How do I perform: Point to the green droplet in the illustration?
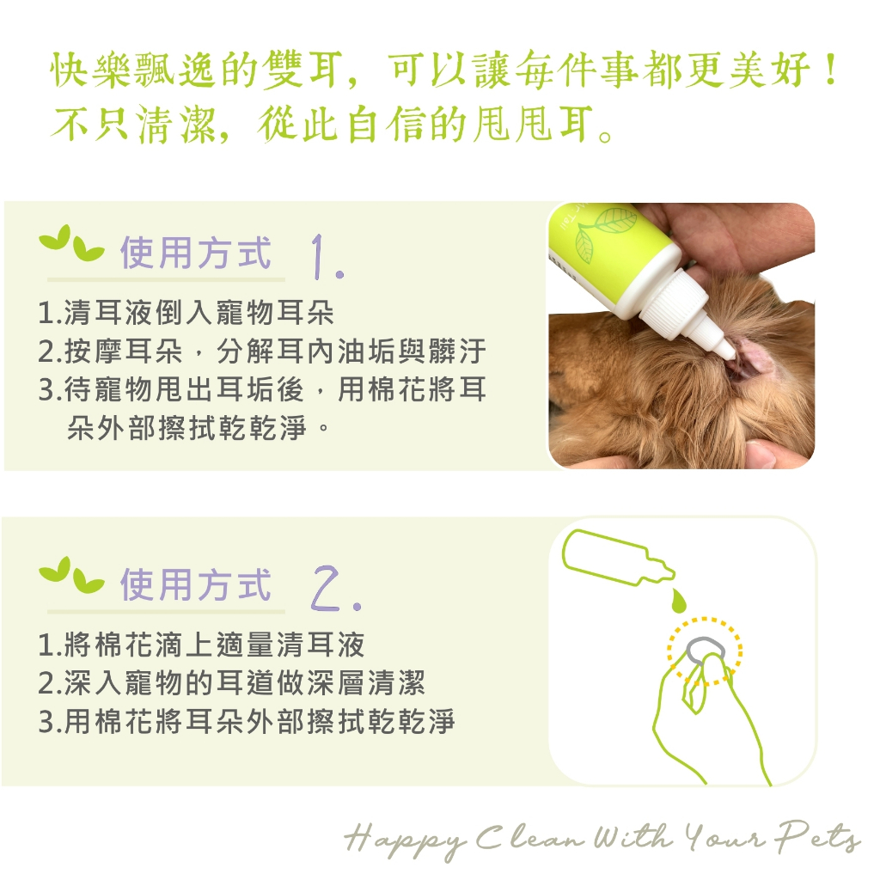point(679,600)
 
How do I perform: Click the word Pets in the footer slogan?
point(818,837)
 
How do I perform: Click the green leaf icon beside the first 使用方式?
point(70,244)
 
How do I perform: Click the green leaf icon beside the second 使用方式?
point(70,575)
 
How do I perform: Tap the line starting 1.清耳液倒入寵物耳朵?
point(186,313)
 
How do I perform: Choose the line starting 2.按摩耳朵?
point(262,351)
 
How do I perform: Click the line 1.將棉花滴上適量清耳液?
point(201,645)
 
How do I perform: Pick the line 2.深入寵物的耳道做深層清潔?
point(232,683)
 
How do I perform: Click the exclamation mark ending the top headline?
point(831,70)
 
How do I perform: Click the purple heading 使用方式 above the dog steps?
point(196,254)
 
